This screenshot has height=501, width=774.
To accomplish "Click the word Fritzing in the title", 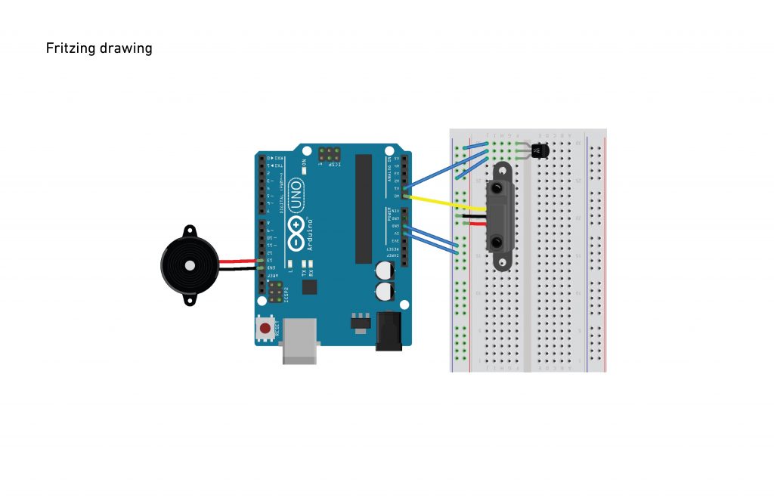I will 70,48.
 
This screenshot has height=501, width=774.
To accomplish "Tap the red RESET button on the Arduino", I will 265,329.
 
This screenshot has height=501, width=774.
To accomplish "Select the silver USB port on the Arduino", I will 299,342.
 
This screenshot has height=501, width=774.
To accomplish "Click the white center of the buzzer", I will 189,265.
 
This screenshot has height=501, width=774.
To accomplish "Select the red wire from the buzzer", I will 237,261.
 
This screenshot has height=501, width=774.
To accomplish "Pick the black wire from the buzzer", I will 237,268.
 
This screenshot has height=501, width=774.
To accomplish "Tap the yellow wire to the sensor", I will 446,201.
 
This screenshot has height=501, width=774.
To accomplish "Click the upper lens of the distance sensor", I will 499,186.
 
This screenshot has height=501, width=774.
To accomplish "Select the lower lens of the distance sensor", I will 499,242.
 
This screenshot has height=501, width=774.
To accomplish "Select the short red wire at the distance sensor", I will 475,224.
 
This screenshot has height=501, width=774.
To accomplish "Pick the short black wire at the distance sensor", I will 475,216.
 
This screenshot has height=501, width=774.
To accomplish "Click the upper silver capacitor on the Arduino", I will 385,270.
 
